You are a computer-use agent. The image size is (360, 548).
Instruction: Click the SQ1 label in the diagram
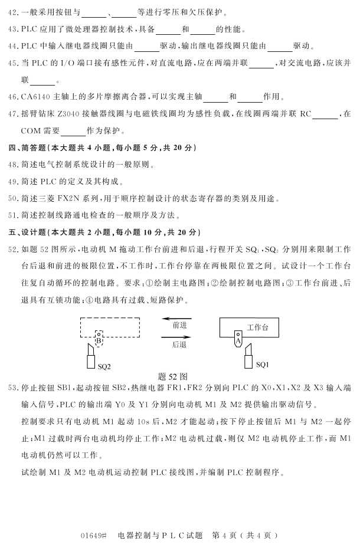pos(263,365)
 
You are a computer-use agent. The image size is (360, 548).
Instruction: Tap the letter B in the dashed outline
pos(99,340)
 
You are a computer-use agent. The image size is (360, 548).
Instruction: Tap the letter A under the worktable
pos(238,340)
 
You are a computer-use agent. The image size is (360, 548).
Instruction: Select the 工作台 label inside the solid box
pos(258,327)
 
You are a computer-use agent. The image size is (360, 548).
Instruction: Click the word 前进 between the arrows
pos(179,325)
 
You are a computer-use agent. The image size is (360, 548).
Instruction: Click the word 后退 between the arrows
pos(179,344)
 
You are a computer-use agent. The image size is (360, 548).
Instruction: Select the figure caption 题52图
pos(173,376)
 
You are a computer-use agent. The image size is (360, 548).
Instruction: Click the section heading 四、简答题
pos(25,147)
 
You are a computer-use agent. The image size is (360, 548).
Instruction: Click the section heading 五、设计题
pos(25,231)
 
